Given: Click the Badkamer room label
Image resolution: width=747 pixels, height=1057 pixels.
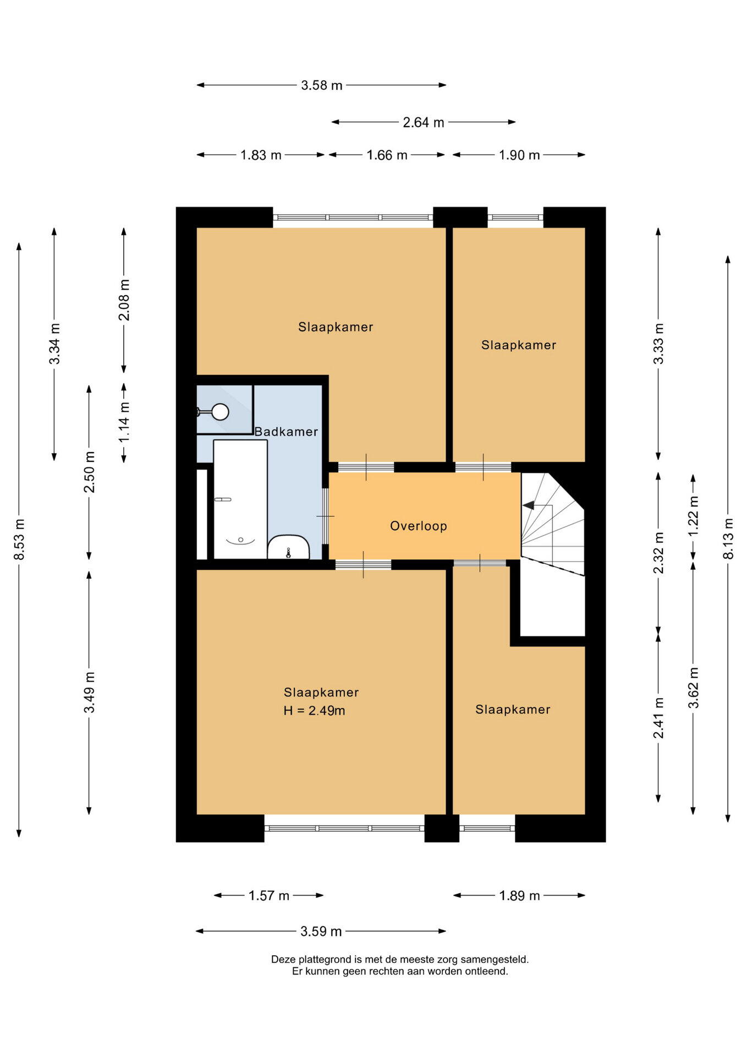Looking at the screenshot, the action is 286,432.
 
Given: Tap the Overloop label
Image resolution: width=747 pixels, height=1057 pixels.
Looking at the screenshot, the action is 419,526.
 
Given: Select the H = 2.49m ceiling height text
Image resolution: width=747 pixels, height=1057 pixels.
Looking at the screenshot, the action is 314,711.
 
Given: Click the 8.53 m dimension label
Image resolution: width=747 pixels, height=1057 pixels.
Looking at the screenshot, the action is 19,540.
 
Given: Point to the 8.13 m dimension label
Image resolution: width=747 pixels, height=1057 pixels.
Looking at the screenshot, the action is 728,538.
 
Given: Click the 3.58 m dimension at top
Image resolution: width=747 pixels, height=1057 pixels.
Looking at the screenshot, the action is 322,85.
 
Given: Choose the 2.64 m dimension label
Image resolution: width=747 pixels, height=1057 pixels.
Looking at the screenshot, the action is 424,122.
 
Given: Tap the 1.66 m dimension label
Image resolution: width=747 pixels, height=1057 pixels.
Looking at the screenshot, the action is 387,155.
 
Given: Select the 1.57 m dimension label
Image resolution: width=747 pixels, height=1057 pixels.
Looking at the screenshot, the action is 269,896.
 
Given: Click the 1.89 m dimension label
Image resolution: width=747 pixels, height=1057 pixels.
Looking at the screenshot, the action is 520,896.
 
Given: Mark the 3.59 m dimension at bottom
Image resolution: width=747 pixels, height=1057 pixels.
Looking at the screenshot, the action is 321,931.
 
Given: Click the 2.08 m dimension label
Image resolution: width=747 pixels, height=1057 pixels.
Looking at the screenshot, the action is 124,299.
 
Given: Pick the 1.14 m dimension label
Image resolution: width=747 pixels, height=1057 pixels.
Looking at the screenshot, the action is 124,422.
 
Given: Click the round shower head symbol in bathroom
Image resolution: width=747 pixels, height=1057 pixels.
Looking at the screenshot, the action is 221,412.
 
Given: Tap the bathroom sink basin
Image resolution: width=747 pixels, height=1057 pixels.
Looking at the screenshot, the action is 289,547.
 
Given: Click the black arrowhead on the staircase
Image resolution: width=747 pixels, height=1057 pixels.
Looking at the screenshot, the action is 528,505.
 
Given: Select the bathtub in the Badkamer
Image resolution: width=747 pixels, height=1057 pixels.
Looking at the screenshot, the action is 240,499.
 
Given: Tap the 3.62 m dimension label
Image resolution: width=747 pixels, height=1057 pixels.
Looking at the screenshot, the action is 694,688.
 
